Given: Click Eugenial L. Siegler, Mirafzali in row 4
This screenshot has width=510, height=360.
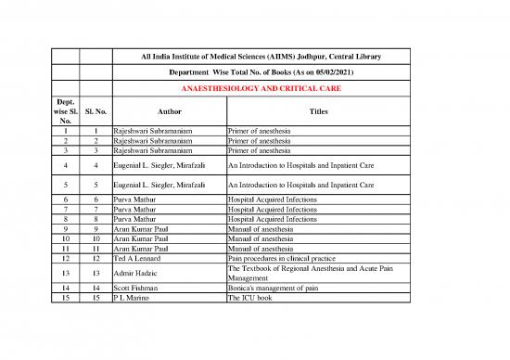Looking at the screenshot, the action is (x=166, y=167).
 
